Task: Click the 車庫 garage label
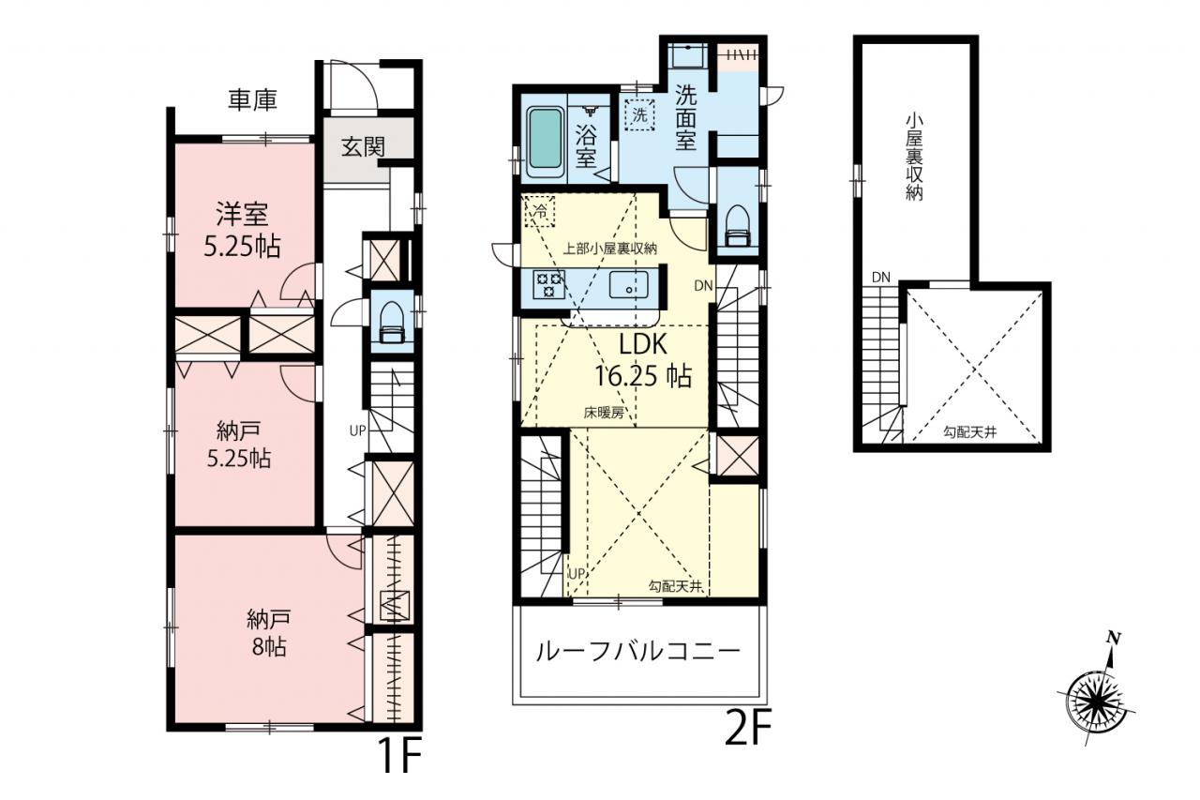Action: tap(252, 100)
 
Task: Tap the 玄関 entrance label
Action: tap(364, 146)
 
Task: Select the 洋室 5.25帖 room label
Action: tap(242, 230)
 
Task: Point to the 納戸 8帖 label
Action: tap(269, 632)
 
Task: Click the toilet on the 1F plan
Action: tap(392, 322)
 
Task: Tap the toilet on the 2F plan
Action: tap(738, 226)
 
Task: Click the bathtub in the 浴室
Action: tap(547, 141)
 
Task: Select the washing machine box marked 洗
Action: tap(639, 114)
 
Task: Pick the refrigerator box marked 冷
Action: tap(539, 211)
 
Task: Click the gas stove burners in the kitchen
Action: tap(549, 284)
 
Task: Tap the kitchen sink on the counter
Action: tap(628, 284)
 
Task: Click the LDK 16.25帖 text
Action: tap(643, 360)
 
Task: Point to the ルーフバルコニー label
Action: tap(638, 652)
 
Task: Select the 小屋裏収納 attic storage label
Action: tap(914, 157)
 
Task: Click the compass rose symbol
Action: tap(1095, 696)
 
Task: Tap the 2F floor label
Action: tap(748, 727)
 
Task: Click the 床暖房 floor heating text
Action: tap(604, 413)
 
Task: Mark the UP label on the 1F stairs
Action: tap(357, 430)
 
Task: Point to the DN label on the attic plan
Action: tap(880, 278)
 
